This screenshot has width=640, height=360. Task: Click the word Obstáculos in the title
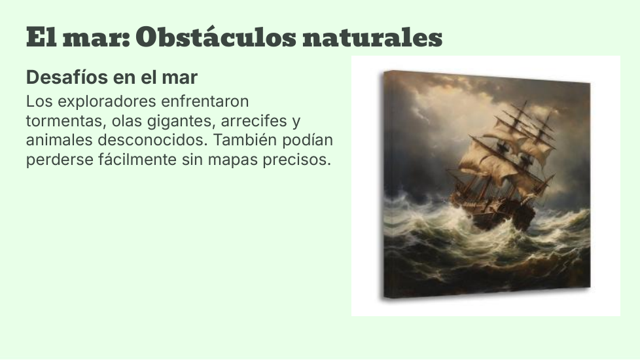[216, 37]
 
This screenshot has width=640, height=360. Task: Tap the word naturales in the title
[372, 38]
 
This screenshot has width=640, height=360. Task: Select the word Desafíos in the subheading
[62, 77]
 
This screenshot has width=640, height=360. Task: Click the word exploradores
[107, 101]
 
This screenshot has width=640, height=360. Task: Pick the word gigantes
[181, 122]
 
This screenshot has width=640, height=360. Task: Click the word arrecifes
[254, 121]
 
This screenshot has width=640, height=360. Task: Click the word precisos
[296, 160]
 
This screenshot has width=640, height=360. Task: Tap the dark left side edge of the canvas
[383, 185]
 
